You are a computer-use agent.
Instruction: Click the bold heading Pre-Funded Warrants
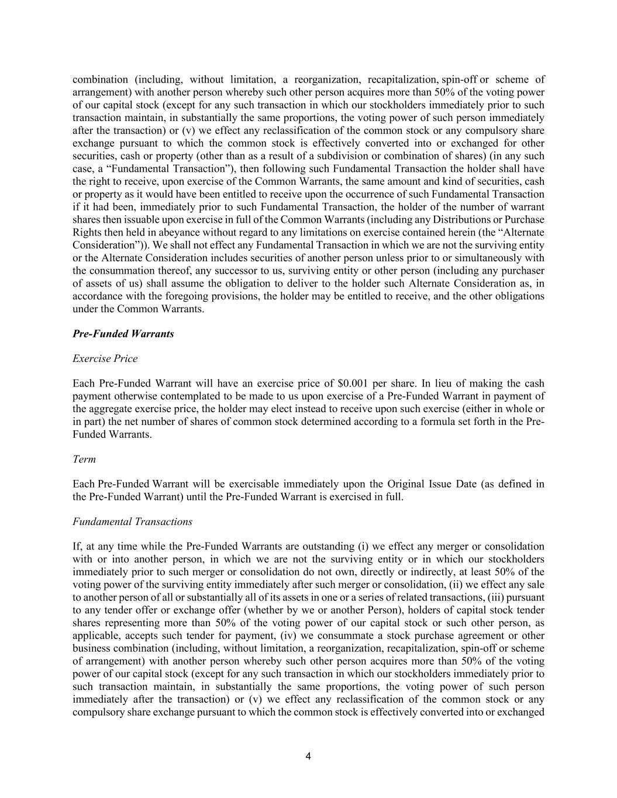point(123,334)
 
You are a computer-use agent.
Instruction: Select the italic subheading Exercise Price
point(105,358)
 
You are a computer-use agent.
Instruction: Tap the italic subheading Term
point(84,459)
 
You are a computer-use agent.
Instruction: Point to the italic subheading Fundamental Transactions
point(132,521)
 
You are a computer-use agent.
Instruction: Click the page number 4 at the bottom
point(308,756)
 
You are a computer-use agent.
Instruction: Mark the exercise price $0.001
point(353,384)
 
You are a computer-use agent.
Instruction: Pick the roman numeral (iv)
point(291,635)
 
